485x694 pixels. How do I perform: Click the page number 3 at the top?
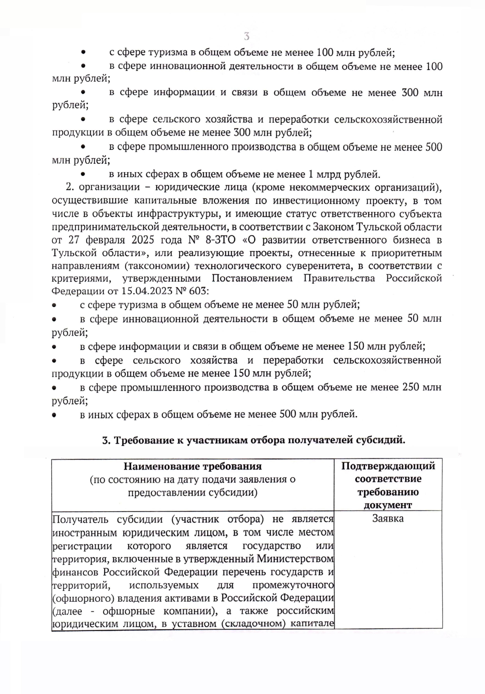247,36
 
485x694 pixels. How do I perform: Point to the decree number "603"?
196,291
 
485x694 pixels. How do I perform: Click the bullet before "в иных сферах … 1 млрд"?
82,174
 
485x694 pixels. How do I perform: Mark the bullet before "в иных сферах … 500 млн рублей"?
54,415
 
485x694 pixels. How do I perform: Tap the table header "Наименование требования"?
192,466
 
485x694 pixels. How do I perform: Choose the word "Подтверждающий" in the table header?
388,466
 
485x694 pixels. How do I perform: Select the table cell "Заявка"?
388,518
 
